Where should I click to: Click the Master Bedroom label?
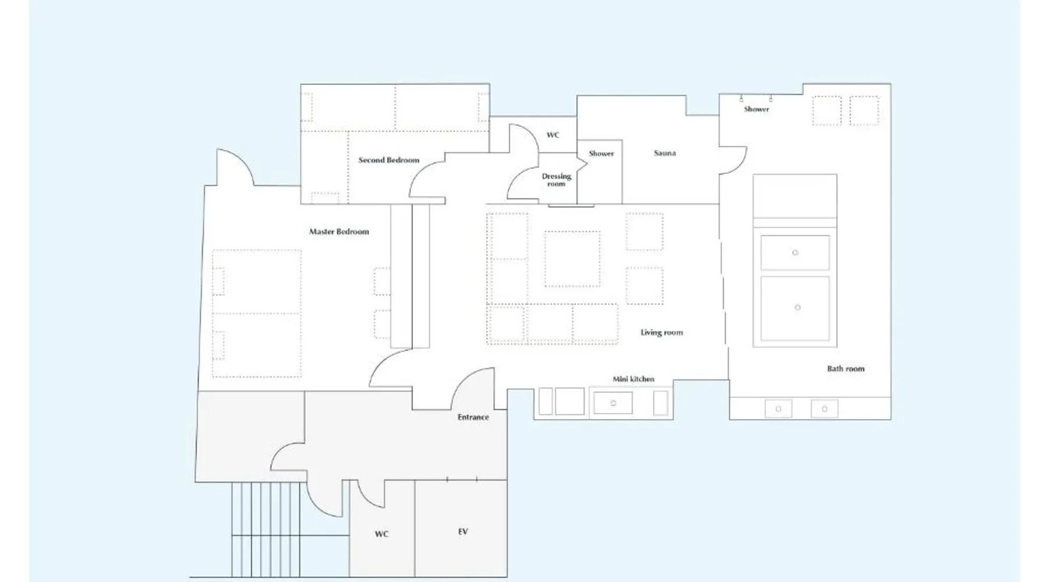coord(339,232)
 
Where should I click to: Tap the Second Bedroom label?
coord(388,160)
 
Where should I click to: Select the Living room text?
coord(661,332)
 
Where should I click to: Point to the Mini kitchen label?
coord(633,379)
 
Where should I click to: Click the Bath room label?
coord(846,368)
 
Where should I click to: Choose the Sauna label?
coord(665,153)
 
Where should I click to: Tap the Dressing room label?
coord(557,180)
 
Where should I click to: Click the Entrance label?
coord(473,417)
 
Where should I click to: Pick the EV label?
coord(463,531)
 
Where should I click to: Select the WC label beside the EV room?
coord(381,534)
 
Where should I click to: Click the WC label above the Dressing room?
coord(553,135)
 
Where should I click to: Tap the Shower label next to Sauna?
coord(601,154)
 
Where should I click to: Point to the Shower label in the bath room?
coord(756,109)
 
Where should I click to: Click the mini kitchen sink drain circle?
coord(613,403)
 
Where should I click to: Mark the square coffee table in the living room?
coord(572,259)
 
